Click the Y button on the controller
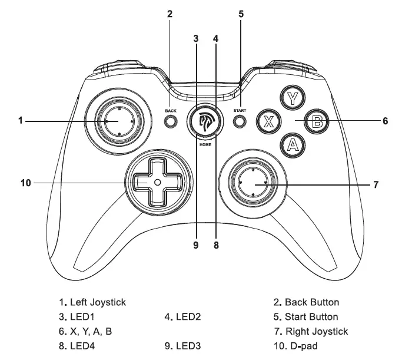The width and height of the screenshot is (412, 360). point(291,97)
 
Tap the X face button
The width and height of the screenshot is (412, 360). point(268,122)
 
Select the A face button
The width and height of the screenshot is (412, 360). point(291,145)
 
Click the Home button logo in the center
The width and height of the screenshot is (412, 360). point(205,121)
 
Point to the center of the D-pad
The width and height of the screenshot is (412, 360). point(157,183)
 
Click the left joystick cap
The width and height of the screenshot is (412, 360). point(119,121)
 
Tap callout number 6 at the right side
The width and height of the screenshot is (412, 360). point(385,121)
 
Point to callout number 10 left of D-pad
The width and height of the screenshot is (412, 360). point(25,183)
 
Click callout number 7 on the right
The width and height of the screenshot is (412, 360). point(376,184)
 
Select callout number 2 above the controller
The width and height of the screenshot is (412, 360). point(170,14)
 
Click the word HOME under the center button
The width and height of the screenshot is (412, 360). point(205,144)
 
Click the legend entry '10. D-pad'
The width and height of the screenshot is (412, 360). point(300,346)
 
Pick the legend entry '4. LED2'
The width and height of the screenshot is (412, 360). point(183,317)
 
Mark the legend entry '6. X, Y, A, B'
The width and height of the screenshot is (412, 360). point(85,331)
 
